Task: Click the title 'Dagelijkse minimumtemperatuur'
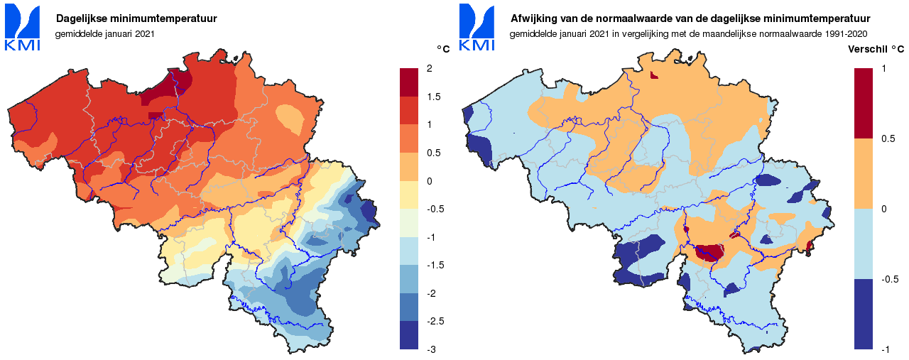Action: coord(136,18)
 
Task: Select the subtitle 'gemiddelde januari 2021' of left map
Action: coord(104,33)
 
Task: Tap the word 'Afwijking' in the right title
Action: coord(534,18)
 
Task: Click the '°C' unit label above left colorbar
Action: coord(442,49)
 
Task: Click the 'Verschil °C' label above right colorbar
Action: coord(876,49)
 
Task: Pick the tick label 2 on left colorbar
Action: coord(430,68)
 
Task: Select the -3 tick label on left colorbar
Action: coord(432,349)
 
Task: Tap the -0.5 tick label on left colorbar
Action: coord(436,209)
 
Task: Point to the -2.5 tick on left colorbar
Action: coord(436,321)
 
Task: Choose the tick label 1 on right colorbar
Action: coord(883,68)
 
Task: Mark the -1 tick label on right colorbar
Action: coord(886,349)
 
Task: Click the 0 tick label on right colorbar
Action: coord(883,209)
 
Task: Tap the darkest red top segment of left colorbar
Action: coord(409,82)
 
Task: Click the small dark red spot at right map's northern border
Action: coord(654,75)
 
